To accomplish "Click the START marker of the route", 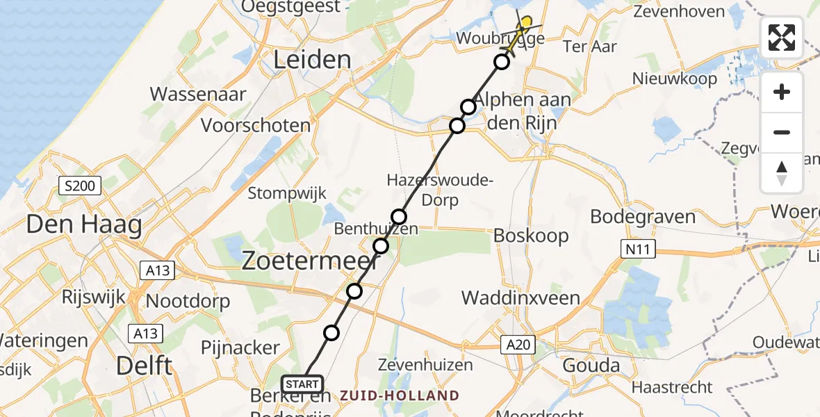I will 302,383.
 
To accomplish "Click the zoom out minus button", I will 782,132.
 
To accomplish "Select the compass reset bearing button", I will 782,172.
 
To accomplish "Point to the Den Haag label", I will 84,225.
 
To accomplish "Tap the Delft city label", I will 145,365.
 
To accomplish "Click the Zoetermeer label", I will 310,261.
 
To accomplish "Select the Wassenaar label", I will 198,94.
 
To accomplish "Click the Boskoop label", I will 531,236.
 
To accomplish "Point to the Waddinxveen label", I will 521,298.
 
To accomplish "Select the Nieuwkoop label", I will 674,79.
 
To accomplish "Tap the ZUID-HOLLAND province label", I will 400,395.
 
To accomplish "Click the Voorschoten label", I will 256,126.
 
